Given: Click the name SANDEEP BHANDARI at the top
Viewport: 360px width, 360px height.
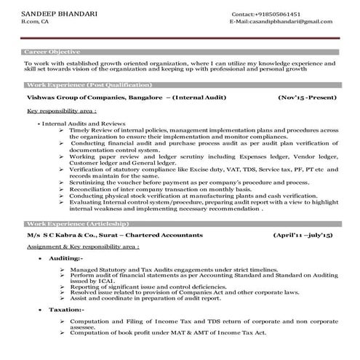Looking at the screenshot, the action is (49, 14).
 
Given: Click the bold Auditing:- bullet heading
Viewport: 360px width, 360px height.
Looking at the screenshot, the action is (66, 258).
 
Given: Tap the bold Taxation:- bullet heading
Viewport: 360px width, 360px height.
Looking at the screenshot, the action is (66, 309).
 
